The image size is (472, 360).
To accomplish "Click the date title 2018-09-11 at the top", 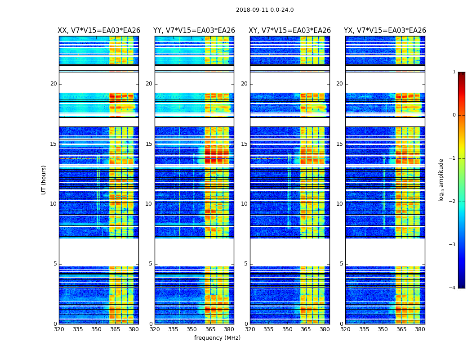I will [264, 10].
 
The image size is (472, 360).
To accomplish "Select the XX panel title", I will [99, 31].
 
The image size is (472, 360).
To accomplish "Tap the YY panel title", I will [194, 31].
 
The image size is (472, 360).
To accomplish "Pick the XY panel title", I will [290, 31].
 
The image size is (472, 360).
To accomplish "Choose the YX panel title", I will [385, 31].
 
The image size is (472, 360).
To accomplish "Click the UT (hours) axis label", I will [44, 180].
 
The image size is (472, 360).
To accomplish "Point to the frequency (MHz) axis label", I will [217, 338].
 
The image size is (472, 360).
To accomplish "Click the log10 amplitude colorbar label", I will [441, 180].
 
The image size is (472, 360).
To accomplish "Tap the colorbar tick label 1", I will [454, 72].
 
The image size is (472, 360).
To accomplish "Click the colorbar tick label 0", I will [454, 115].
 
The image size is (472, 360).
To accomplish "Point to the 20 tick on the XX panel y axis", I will [53, 84].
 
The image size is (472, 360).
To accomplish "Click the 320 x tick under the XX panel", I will [59, 329].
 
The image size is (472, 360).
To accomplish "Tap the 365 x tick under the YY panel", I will [210, 329].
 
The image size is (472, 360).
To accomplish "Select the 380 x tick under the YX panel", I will [420, 329].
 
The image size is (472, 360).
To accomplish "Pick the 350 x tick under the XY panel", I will [287, 329].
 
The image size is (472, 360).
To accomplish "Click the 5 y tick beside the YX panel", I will [341, 264].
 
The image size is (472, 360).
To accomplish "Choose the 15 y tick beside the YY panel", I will [149, 144].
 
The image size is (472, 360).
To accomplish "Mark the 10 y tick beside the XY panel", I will [244, 204].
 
